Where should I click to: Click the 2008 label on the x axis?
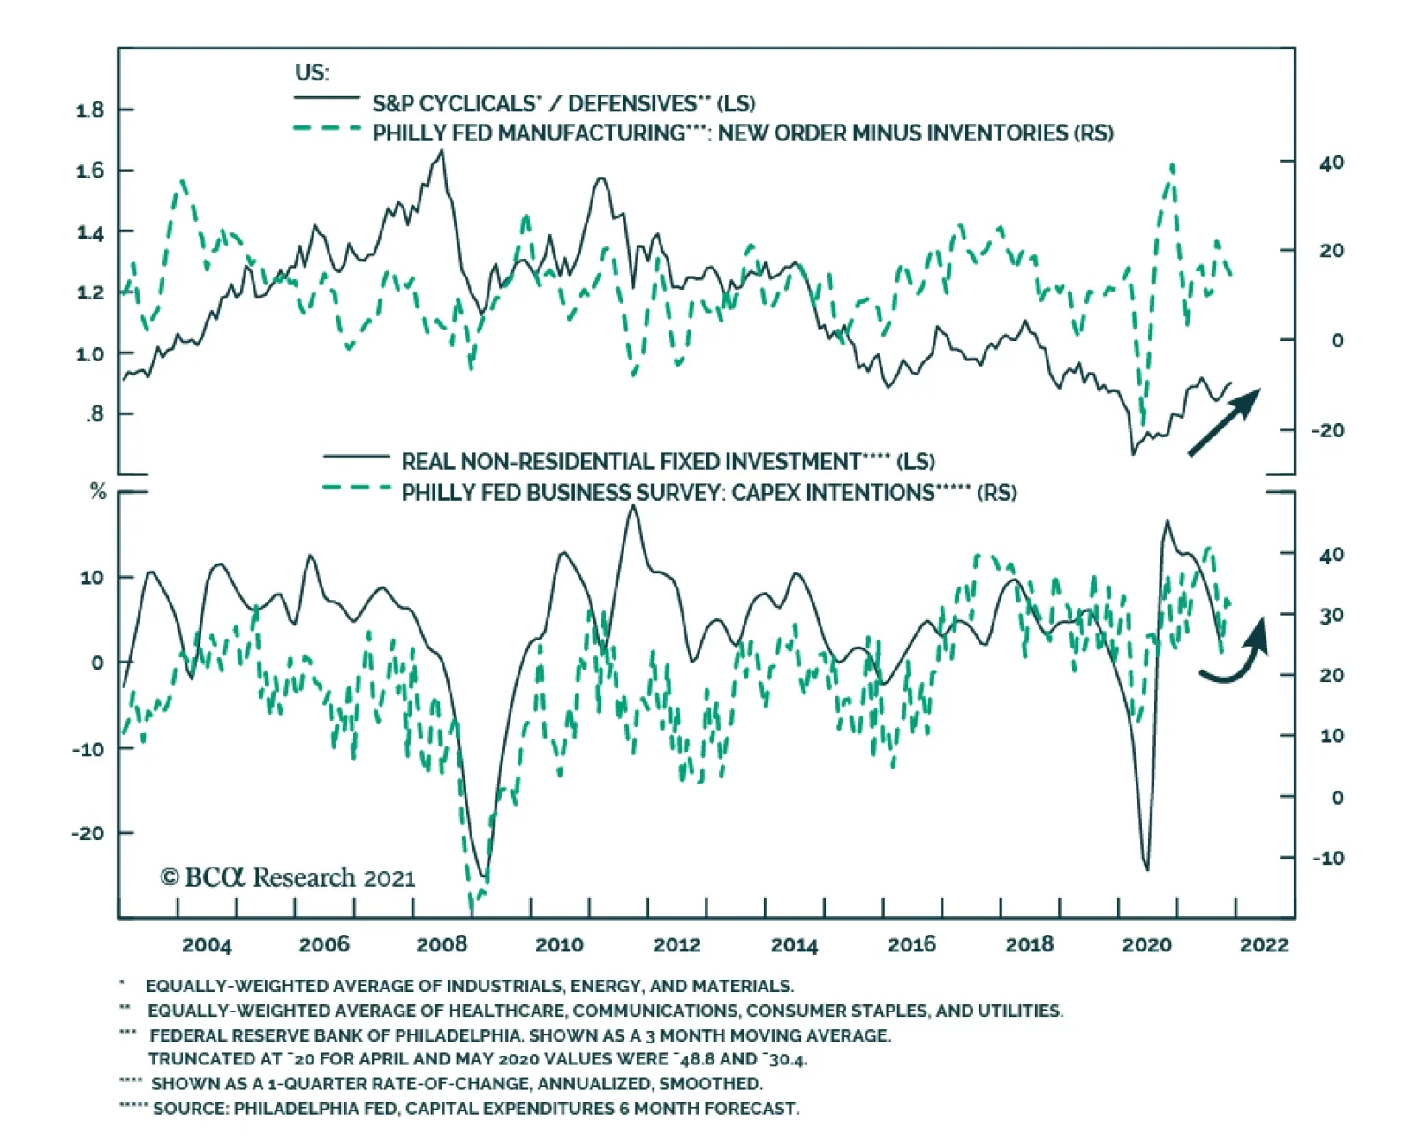point(442,944)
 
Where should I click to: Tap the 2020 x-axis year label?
point(1146,944)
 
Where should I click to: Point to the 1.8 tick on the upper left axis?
point(90,110)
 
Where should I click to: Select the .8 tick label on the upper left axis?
point(94,413)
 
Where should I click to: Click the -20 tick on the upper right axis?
point(1327,430)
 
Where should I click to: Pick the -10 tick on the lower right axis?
point(1327,858)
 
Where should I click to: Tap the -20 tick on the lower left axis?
point(87,833)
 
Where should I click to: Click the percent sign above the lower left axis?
point(98,492)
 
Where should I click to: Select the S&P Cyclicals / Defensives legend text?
point(563,103)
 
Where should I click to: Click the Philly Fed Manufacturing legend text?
point(742,133)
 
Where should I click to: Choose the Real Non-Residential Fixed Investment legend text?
point(668,461)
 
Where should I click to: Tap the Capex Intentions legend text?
point(708,492)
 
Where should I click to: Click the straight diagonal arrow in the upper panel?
point(1224,422)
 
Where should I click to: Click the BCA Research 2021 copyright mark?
point(287,877)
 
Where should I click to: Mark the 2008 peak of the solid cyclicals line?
point(442,151)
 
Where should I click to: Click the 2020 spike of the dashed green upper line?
point(1172,165)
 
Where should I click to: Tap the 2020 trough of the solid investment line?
point(1146,869)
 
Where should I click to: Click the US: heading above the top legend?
point(312,72)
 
